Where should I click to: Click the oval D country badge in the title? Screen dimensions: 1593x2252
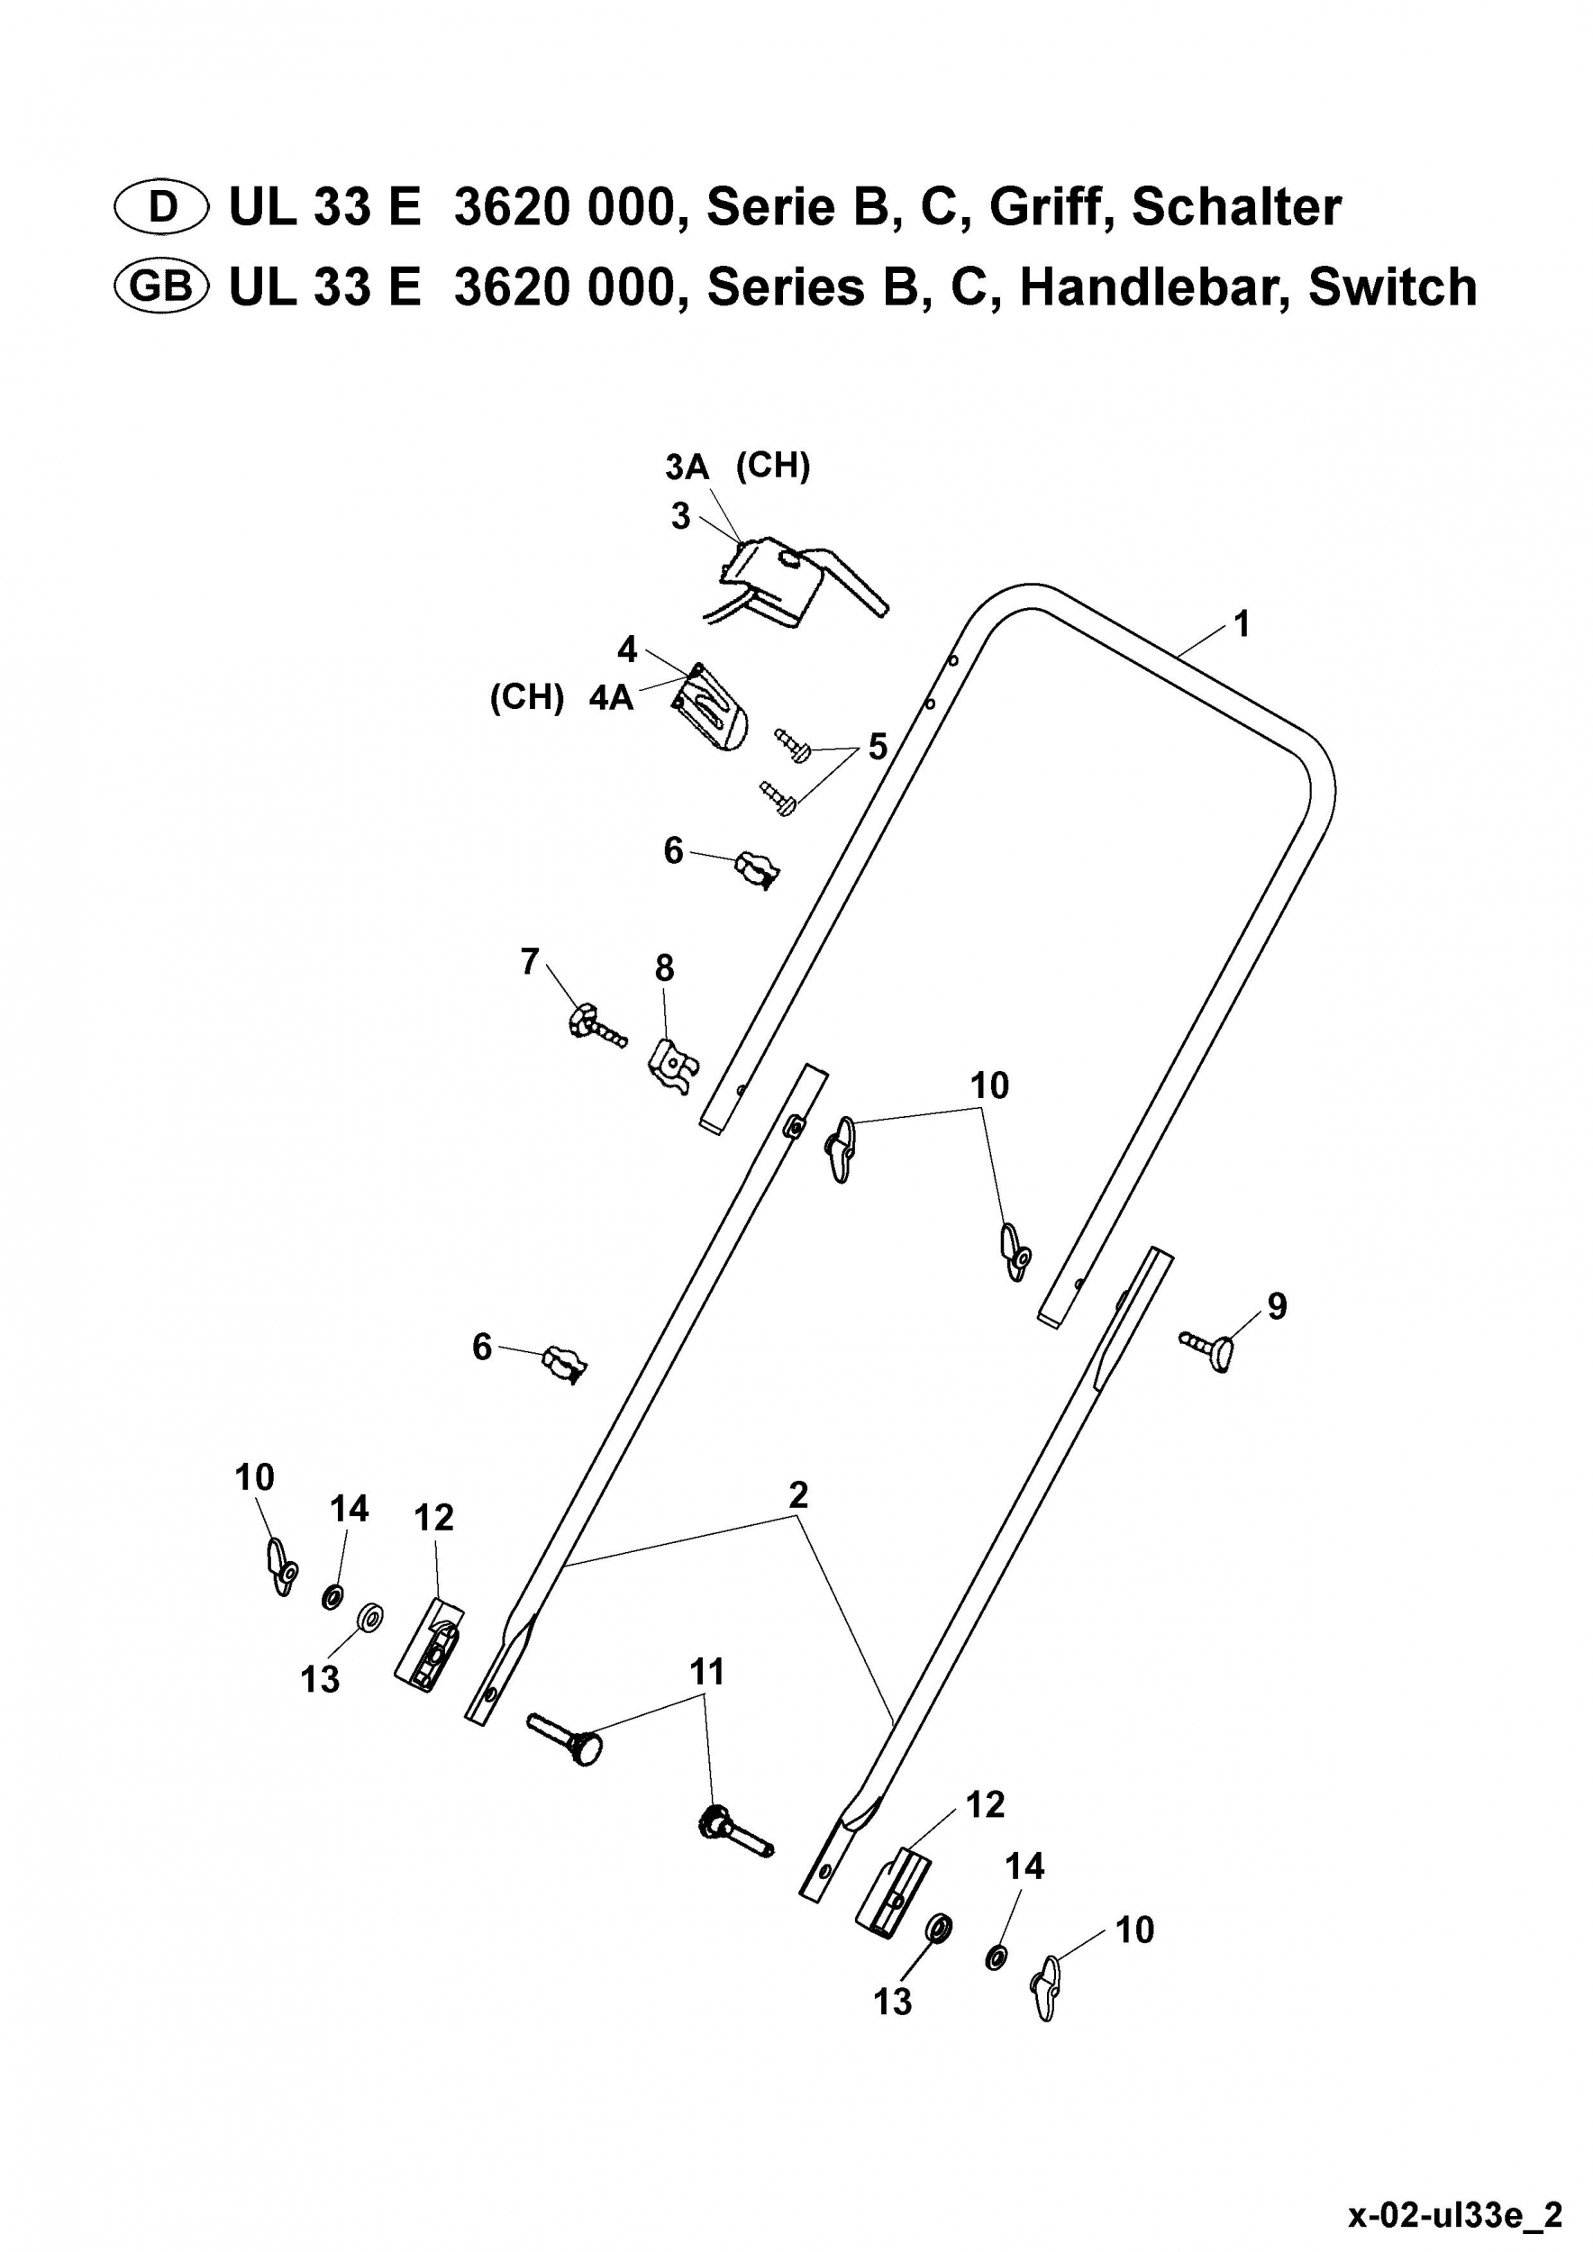point(162,207)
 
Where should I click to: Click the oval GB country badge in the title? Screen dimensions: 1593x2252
point(162,286)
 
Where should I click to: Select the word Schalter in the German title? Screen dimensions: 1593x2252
point(1236,207)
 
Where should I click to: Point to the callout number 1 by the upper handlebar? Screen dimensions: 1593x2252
point(1242,624)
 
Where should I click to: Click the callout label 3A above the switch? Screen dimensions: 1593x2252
point(687,467)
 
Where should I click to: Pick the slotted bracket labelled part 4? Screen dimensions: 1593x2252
point(711,707)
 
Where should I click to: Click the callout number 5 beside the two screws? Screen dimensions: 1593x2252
point(877,747)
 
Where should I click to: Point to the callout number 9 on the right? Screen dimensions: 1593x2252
point(1276,1306)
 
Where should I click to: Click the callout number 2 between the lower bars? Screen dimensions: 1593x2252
point(797,1494)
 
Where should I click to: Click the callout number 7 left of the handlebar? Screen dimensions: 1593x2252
point(530,962)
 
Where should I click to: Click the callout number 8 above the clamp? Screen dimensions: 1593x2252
point(664,968)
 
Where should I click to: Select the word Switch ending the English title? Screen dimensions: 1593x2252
point(1393,286)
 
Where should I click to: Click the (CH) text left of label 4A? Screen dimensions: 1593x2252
point(527,697)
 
